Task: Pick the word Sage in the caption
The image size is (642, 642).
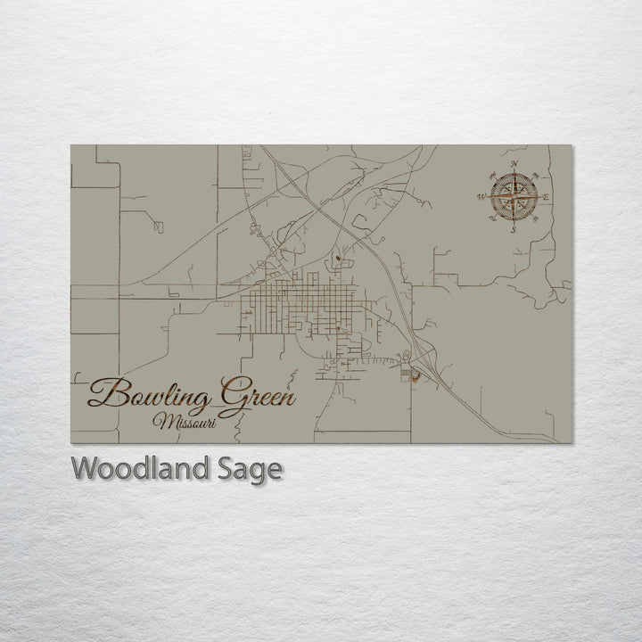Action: click(x=252, y=470)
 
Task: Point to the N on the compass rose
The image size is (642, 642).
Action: click(x=514, y=165)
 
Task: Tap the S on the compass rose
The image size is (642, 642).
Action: click(x=513, y=229)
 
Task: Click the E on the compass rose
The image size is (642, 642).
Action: click(x=546, y=197)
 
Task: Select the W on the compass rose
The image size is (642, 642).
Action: click(x=481, y=196)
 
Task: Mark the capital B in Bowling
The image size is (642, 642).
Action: click(x=104, y=392)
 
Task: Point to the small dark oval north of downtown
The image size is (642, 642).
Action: click(x=338, y=260)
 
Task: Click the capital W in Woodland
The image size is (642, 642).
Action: click(x=87, y=468)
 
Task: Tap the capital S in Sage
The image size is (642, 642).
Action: click(x=232, y=468)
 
